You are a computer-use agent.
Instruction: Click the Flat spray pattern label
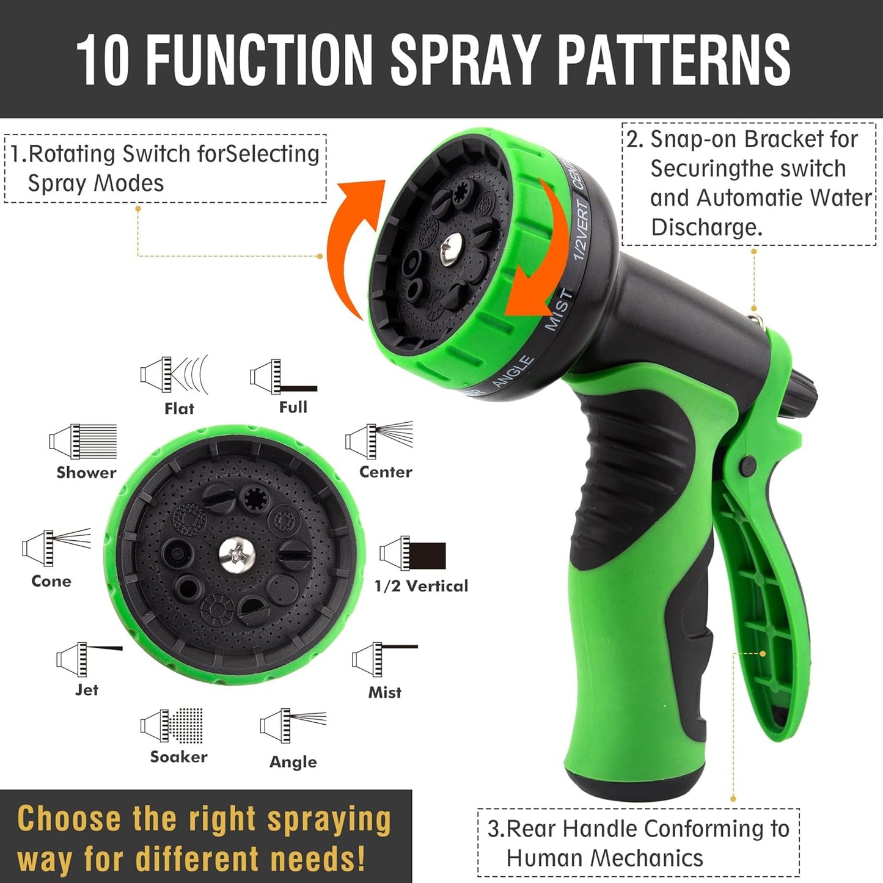pos(179,409)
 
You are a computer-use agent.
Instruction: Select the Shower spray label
pos(86,472)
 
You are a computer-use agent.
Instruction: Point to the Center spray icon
pos(379,439)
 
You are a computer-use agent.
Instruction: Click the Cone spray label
pos(51,581)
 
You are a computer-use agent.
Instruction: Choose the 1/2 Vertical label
pos(421,586)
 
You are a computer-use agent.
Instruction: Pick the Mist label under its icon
pos(385,692)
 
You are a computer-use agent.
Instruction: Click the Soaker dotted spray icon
pos(172,726)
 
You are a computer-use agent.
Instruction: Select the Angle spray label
pos(293,762)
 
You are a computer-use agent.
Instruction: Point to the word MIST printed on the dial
pos(559,310)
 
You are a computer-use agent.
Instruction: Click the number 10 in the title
pos(103,59)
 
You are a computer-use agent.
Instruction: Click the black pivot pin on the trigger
pos(747,465)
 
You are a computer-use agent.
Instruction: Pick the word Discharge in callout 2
pos(706,227)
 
